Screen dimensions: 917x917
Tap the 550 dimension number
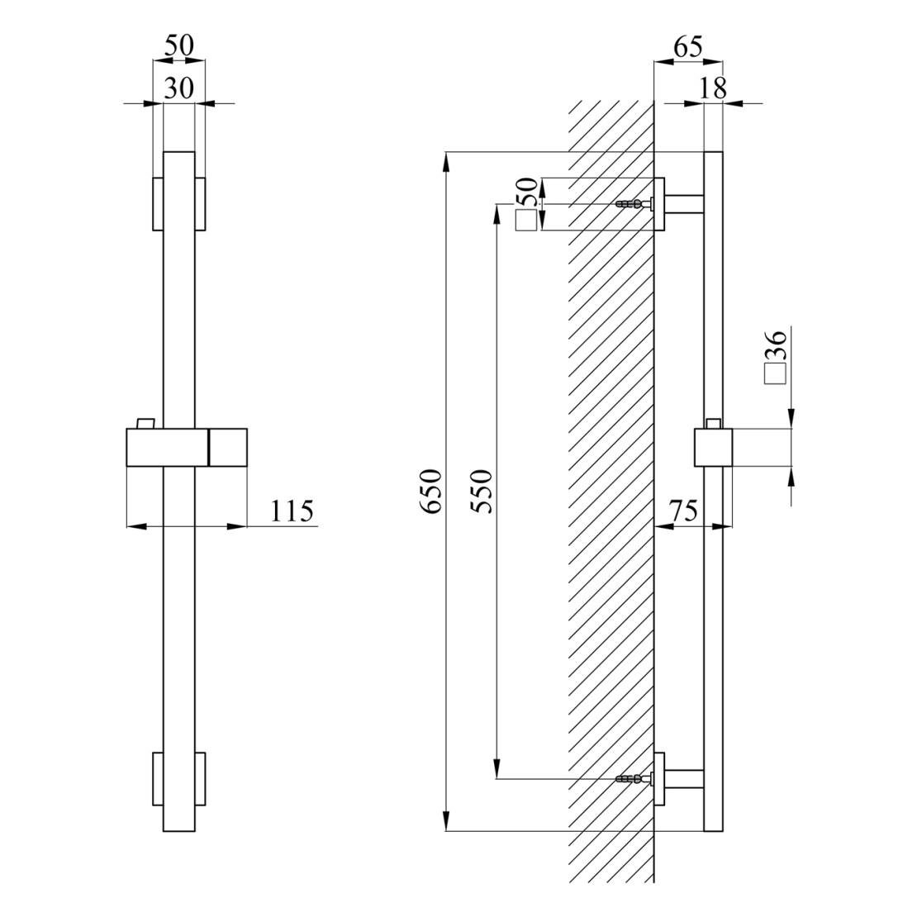pyautogui.click(x=482, y=492)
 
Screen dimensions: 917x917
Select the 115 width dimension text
pyautogui.click(x=292, y=511)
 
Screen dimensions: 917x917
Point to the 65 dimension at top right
pyautogui.click(x=687, y=47)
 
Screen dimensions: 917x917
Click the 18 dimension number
pyautogui.click(x=713, y=88)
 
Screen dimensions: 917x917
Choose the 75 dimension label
pyautogui.click(x=684, y=511)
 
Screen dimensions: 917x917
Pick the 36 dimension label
pyautogui.click(x=776, y=344)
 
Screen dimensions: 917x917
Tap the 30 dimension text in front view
pyautogui.click(x=178, y=88)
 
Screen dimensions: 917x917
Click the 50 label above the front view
pyautogui.click(x=178, y=45)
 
